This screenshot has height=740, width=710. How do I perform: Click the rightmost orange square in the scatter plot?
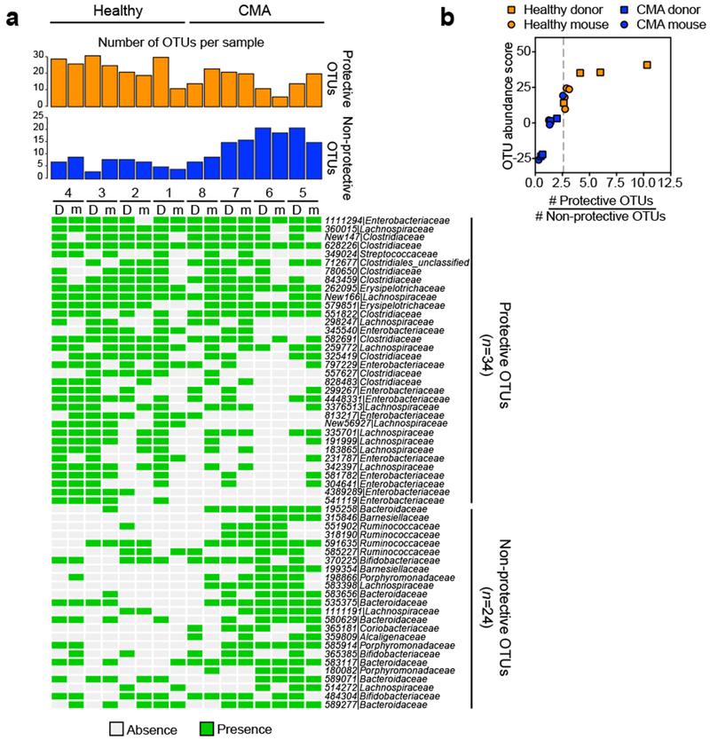click(647, 65)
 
